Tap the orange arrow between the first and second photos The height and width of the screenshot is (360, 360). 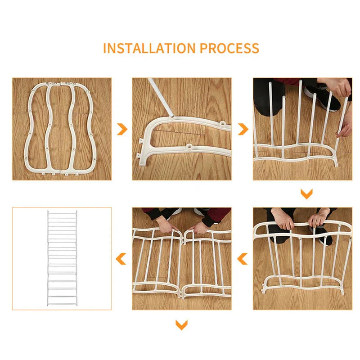122,130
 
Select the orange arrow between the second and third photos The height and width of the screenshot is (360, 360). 243,130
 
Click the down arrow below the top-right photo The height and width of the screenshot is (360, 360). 306,194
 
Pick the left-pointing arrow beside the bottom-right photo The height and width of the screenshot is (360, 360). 243,259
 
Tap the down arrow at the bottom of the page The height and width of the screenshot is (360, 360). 181,324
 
